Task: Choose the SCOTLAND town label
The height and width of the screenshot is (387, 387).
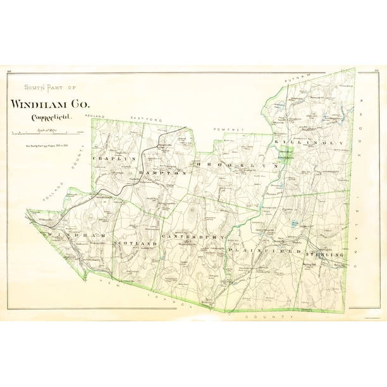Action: coord(134,243)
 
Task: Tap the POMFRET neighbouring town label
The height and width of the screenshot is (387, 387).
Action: coord(229,129)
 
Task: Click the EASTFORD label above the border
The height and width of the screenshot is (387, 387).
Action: coord(147,119)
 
